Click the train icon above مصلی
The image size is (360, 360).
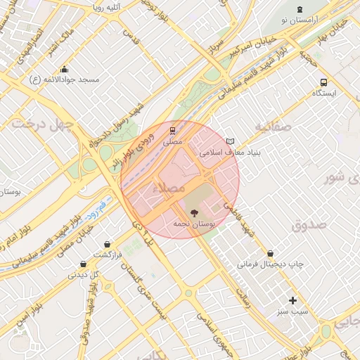pos(173,130)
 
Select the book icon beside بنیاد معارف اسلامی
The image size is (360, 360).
pos(231,141)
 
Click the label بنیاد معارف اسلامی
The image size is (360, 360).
pos(221,152)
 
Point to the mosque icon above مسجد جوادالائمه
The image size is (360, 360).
pos(65,69)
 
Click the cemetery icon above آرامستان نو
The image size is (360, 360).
pos(302,8)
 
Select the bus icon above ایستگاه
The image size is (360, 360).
pos(323,82)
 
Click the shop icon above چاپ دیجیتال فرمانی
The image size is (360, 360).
pos(271,253)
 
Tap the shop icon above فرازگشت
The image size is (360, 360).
pos(107,244)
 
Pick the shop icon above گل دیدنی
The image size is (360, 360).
pos(84,264)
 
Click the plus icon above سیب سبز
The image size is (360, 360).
pos(293,300)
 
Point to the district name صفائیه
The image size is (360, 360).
pos(272,127)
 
